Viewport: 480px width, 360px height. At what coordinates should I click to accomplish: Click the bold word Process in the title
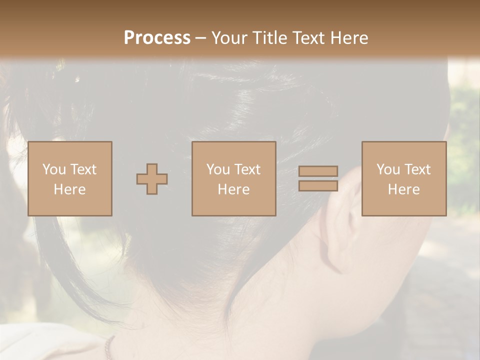(x=157, y=37)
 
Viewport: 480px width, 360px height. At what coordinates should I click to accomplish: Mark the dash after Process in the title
(x=200, y=38)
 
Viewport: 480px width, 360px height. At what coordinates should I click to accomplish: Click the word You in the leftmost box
(x=54, y=169)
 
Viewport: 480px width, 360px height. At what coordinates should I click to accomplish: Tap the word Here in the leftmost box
(x=69, y=189)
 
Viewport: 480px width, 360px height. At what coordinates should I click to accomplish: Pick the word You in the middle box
(x=218, y=169)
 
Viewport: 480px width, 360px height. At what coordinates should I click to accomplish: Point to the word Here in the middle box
(x=233, y=189)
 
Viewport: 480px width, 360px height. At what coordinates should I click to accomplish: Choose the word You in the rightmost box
(x=388, y=169)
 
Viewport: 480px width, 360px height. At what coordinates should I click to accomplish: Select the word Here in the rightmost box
(x=403, y=189)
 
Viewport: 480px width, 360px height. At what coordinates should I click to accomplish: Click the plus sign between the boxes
(x=152, y=179)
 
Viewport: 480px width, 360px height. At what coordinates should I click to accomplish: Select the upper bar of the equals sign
(x=318, y=171)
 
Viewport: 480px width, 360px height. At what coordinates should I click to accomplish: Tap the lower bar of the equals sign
(x=318, y=186)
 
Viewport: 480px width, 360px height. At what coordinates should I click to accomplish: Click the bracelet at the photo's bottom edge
(x=108, y=347)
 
